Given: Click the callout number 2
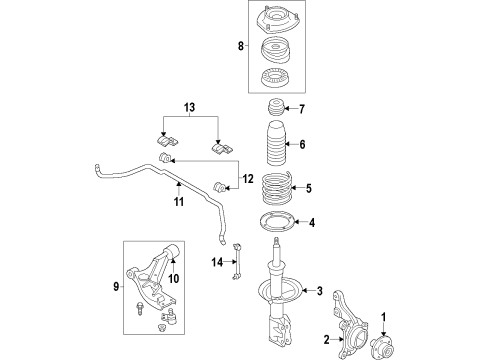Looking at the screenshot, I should (326, 339).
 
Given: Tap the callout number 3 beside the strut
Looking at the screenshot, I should (320, 291).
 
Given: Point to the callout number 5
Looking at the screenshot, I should (309, 187).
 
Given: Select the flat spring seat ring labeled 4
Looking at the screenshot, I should (275, 224).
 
